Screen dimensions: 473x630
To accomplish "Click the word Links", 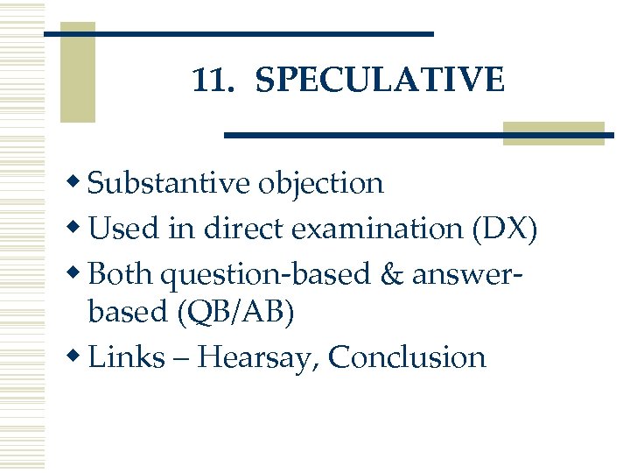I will (x=127, y=357).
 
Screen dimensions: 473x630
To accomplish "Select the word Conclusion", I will (x=408, y=357).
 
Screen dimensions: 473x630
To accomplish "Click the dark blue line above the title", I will (x=238, y=33).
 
